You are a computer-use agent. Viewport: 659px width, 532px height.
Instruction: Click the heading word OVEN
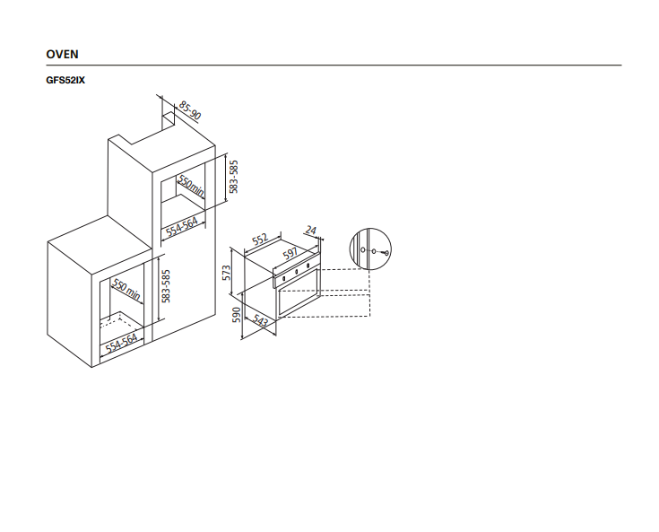pyautogui.click(x=62, y=54)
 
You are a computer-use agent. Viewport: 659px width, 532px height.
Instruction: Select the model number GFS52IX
pyautogui.click(x=65, y=80)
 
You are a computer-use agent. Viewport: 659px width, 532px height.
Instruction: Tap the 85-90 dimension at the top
pyautogui.click(x=190, y=110)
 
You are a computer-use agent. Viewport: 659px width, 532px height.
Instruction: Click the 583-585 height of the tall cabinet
pyautogui.click(x=234, y=177)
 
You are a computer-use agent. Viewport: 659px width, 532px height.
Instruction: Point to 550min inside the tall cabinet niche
pyautogui.click(x=191, y=186)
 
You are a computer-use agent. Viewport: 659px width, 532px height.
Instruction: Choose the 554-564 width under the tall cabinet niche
pyautogui.click(x=181, y=228)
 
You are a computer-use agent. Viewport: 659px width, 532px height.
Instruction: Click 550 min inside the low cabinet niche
pyautogui.click(x=126, y=290)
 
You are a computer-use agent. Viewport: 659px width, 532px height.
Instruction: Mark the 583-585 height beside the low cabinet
pyautogui.click(x=166, y=286)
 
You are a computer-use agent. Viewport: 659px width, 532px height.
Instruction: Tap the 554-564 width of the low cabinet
pyautogui.click(x=121, y=344)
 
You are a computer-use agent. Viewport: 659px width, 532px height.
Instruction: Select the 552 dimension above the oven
pyautogui.click(x=260, y=240)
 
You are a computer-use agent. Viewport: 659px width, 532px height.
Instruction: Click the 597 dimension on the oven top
pyautogui.click(x=290, y=254)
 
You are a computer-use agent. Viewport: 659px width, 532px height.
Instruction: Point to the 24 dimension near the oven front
pyautogui.click(x=310, y=231)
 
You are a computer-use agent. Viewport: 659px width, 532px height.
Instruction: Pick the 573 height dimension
pyautogui.click(x=227, y=273)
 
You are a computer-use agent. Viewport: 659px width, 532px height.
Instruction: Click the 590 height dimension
pyautogui.click(x=236, y=315)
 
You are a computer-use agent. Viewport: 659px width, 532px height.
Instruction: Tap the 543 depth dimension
pyautogui.click(x=260, y=321)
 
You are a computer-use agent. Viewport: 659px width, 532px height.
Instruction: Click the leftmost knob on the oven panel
pyautogui.click(x=284, y=278)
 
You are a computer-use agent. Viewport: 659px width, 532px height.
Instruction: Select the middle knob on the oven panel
pyautogui.click(x=296, y=272)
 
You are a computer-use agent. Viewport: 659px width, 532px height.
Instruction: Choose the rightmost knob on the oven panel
pyautogui.click(x=308, y=266)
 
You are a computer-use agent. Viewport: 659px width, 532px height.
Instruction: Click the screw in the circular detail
pyautogui.click(x=386, y=253)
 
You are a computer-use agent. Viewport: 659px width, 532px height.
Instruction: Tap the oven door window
pyautogui.click(x=298, y=292)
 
